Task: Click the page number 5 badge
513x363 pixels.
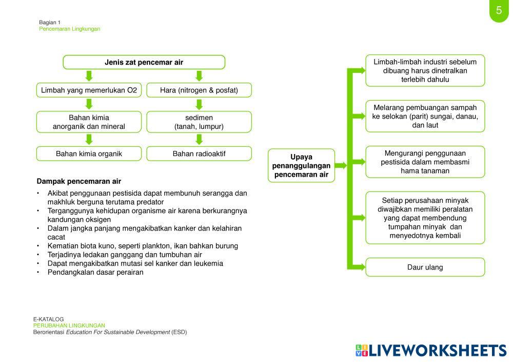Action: click(499, 10)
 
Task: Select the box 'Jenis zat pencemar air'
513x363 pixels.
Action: click(144, 62)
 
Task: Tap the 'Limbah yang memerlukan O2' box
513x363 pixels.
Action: click(89, 90)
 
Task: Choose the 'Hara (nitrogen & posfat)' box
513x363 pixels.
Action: click(199, 90)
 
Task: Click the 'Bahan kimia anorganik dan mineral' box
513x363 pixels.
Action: click(89, 122)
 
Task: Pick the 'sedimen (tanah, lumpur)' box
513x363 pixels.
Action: click(199, 122)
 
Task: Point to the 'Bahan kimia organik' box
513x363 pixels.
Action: click(89, 154)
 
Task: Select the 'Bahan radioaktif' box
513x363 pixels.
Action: click(199, 154)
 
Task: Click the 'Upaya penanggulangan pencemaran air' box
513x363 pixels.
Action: click(301, 165)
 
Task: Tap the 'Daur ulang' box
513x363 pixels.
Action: click(425, 267)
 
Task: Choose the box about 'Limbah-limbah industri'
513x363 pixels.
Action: click(425, 71)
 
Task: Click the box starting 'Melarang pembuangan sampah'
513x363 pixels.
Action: click(425, 116)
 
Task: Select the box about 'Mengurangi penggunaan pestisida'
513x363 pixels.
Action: click(425, 162)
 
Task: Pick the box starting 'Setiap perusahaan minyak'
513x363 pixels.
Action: click(425, 218)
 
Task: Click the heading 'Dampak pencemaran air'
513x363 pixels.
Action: click(79, 181)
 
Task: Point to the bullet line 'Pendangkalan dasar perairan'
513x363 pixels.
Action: click(95, 272)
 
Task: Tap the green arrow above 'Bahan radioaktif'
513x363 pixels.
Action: click(199, 139)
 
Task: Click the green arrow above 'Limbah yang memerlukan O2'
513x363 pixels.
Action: click(89, 76)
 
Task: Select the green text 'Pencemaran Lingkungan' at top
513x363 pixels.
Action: click(70, 29)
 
